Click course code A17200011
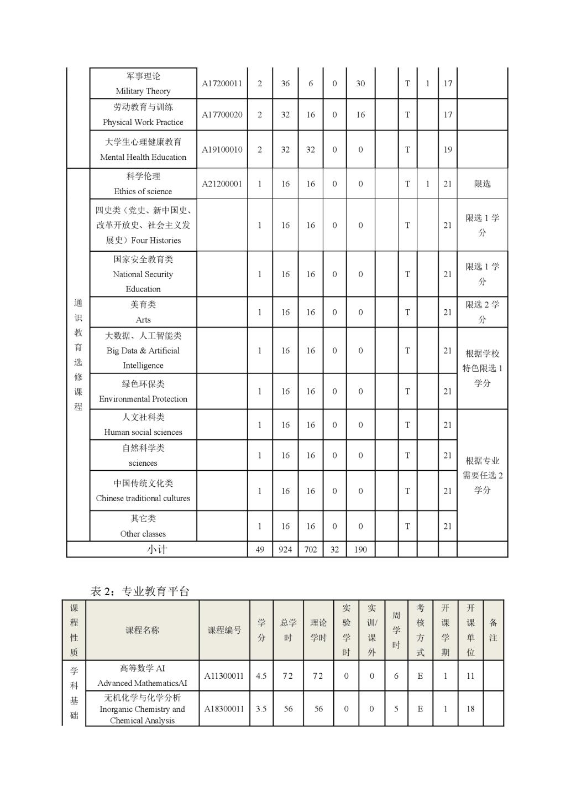point(222,84)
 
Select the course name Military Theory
point(143,84)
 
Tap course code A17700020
point(222,115)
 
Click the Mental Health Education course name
point(143,149)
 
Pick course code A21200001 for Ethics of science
point(222,184)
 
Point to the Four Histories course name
point(143,225)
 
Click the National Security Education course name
point(143,274)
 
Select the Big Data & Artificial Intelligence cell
point(143,350)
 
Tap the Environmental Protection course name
point(143,392)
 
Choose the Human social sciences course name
point(143,425)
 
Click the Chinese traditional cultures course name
point(143,491)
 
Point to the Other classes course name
point(143,526)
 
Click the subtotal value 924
point(285,549)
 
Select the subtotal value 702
point(311,549)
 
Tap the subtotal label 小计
point(157,549)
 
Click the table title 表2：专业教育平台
point(140,591)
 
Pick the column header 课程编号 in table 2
point(224,630)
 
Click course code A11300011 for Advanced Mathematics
point(224,676)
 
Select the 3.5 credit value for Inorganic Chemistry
point(261,709)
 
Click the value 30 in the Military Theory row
point(360,84)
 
